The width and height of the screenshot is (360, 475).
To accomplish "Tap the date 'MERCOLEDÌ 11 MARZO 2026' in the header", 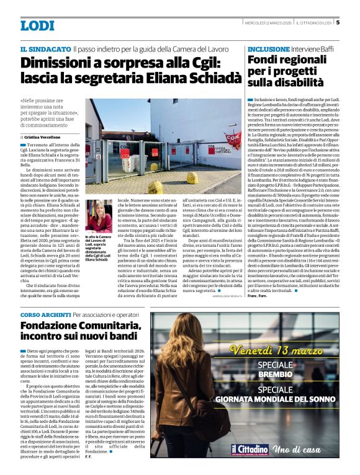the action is point(267,23).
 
